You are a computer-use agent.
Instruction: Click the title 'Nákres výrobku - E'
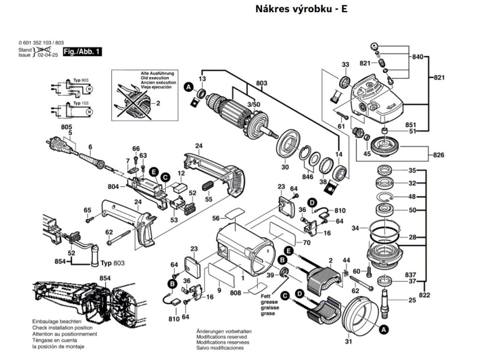point(301,9)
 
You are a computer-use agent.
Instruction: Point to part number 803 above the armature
point(262,83)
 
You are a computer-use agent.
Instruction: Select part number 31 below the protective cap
point(348,342)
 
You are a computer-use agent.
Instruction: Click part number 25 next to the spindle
point(412,300)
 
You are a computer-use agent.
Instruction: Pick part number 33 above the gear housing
point(345,64)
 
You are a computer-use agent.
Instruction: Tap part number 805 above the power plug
point(67,127)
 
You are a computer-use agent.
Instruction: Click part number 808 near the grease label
point(236,293)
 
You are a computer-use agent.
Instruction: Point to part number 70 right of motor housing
point(307,243)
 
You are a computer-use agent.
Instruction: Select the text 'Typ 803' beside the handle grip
point(112,263)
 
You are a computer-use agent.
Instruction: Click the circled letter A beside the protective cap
point(383,330)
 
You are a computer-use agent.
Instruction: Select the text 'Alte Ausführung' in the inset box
point(157,74)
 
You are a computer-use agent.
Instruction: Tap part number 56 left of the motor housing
point(216,218)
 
